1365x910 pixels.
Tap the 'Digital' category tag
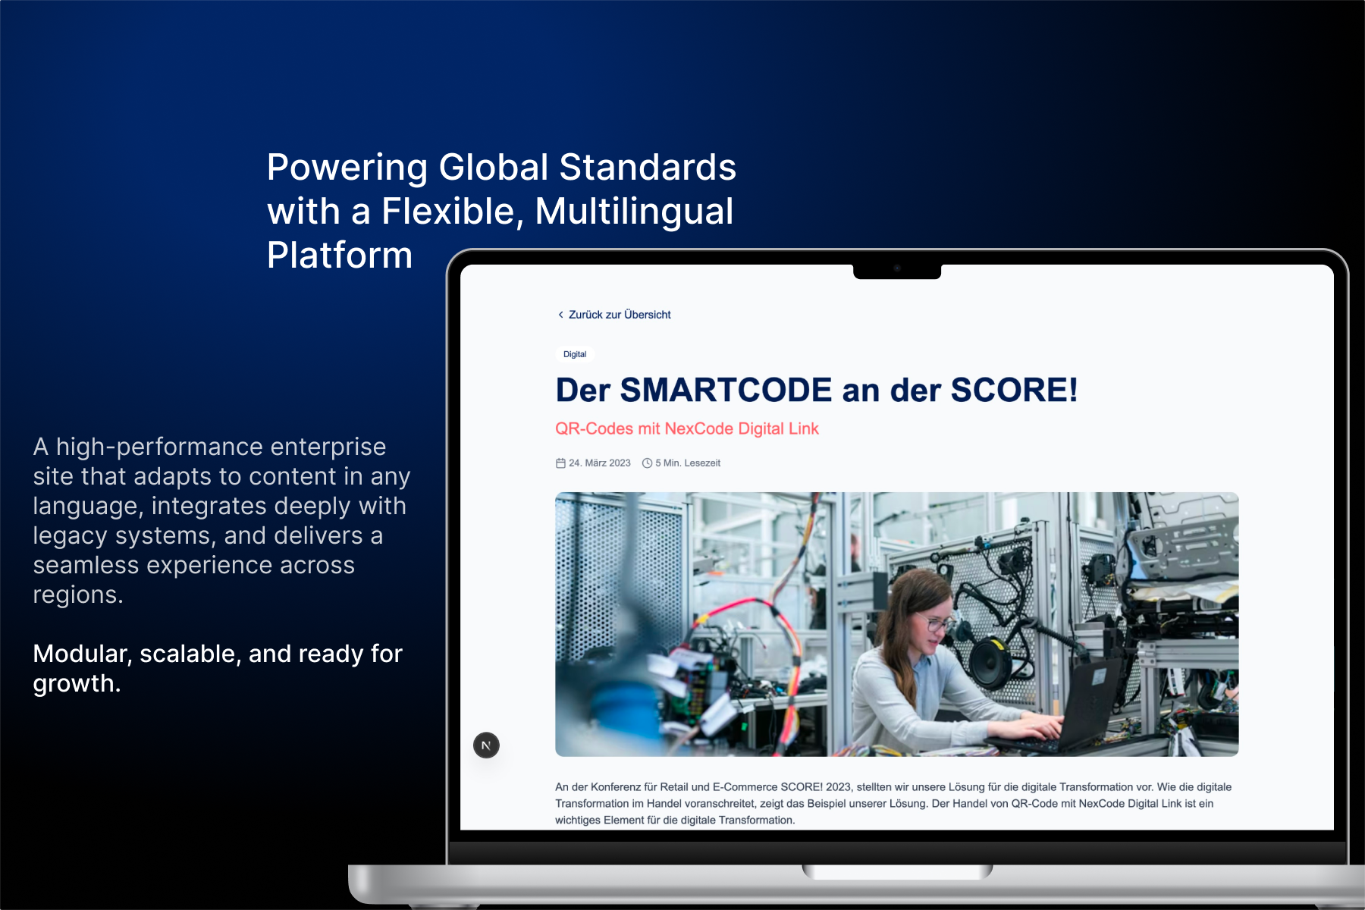click(x=575, y=354)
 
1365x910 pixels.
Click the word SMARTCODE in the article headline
click(x=726, y=390)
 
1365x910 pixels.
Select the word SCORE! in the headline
click(x=1014, y=390)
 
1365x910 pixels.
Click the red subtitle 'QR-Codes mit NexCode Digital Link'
click(x=686, y=428)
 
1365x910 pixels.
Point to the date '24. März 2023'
click(x=599, y=463)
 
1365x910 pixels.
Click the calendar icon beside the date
click(x=560, y=463)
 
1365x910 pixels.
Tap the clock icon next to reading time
click(x=647, y=463)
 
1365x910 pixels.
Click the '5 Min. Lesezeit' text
click(x=688, y=463)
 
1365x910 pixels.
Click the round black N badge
click(x=486, y=745)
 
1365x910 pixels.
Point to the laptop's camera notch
click(x=897, y=271)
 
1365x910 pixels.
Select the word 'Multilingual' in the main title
click(x=634, y=211)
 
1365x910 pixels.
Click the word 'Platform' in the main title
click(x=340, y=255)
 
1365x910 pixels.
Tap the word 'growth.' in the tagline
click(x=77, y=683)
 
